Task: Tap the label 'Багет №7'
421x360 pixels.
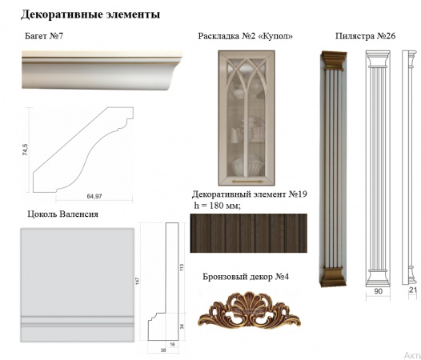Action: (44, 37)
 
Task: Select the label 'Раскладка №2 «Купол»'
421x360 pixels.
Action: (245, 37)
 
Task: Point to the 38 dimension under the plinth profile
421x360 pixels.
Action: (162, 349)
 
